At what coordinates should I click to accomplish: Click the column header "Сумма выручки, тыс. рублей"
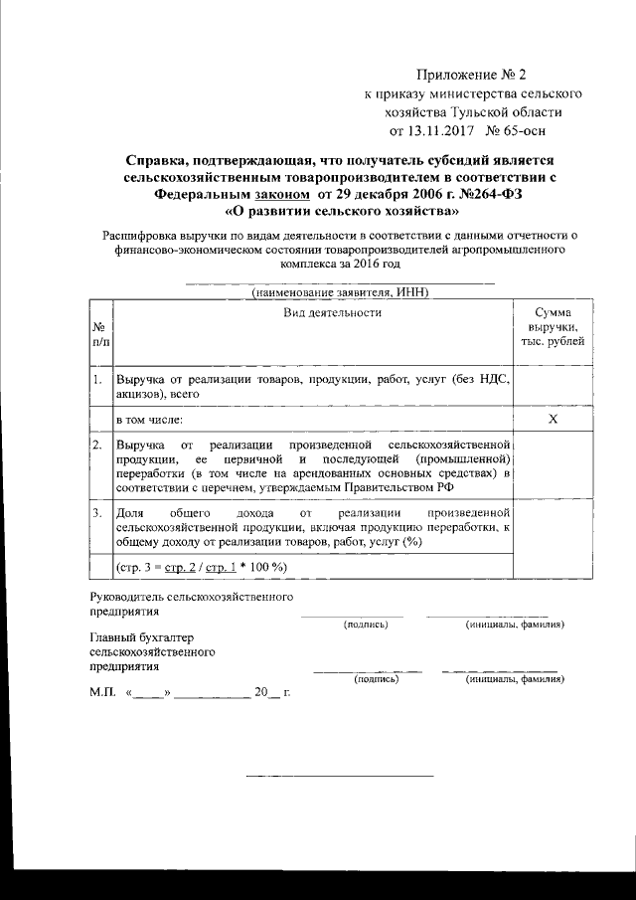coord(553,327)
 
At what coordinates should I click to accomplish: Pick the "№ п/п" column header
coord(100,334)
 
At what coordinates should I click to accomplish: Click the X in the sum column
coord(554,420)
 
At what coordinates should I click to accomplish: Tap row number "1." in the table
coord(98,379)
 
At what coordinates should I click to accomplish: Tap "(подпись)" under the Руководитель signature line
coord(366,625)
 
